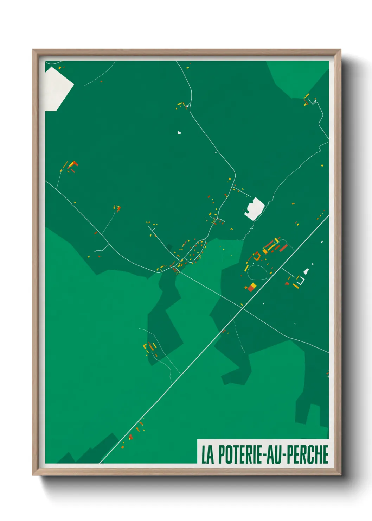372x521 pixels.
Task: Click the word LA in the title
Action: coord(207,454)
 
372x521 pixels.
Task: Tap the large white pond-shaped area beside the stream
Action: coord(255,208)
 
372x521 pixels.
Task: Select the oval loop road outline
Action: coord(257,272)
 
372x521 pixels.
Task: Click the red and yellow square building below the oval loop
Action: coord(251,287)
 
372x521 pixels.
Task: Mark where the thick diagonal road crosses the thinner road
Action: coord(242,308)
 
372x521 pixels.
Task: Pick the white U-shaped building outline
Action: coord(300,281)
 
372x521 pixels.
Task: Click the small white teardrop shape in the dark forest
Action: coord(179,133)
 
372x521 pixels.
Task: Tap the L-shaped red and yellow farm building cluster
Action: coord(73,164)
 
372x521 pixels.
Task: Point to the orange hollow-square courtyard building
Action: coord(257,256)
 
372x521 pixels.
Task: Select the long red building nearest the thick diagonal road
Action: coord(283,248)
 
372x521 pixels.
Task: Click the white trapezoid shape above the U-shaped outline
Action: coord(306,271)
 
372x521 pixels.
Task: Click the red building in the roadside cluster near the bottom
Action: coord(130,437)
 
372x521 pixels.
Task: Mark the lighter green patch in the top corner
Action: coord(299,77)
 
